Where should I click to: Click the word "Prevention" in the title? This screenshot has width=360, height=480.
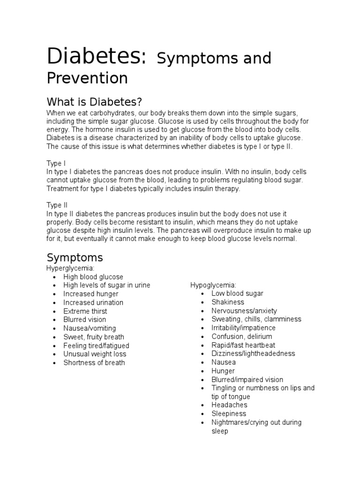(87, 78)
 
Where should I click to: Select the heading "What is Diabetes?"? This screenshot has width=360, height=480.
(94, 102)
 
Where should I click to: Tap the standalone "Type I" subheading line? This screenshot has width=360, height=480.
(56, 163)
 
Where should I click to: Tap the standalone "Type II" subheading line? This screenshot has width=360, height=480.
(57, 205)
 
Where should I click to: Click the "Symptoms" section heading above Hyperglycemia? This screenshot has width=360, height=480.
(75, 257)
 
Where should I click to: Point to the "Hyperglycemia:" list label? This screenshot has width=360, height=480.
(71, 268)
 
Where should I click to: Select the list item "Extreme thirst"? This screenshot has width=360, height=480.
(85, 311)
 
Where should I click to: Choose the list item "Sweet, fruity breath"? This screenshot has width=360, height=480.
(94, 337)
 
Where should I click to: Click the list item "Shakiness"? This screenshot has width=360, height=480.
(228, 302)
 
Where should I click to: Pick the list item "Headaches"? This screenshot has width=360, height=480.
(230, 405)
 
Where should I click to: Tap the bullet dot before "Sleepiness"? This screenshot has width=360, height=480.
(202, 414)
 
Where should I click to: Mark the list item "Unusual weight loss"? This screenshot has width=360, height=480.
(95, 354)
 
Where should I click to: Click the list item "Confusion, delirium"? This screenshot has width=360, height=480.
(241, 337)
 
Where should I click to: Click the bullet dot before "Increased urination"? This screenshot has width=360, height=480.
(54, 303)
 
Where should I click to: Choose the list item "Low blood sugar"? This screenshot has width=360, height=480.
(237, 293)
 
